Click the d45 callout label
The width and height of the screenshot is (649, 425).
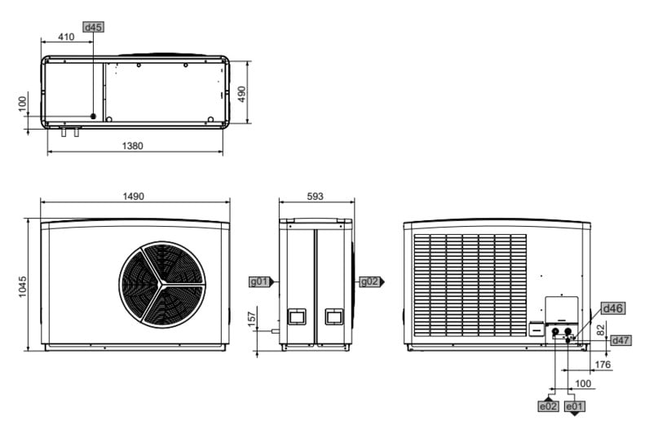pos(93,27)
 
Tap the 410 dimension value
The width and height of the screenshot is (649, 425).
pos(66,37)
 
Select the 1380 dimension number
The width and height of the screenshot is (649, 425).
pos(132,146)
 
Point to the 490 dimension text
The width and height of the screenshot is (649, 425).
pos(241,94)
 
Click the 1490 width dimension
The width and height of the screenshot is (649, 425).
pos(133,196)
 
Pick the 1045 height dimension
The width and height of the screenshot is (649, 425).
pos(22,286)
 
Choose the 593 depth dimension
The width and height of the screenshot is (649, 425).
pos(315,196)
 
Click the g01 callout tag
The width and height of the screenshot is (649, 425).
pos(259,281)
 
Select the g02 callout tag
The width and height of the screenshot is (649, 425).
pos(369,281)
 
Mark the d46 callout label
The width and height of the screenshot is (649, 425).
pos(613,308)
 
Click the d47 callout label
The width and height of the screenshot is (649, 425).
pos(620,340)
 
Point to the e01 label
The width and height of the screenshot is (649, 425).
pos(575,406)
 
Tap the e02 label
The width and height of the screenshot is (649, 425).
pos(548,406)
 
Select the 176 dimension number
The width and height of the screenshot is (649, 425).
pos(603,365)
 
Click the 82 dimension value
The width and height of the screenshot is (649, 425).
pos(601,330)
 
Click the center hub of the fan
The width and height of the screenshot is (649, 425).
pos(162,284)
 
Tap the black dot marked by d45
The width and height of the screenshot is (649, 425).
pos(93,117)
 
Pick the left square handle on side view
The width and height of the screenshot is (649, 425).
pos(297,317)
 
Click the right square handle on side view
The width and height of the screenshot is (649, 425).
pos(334,317)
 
